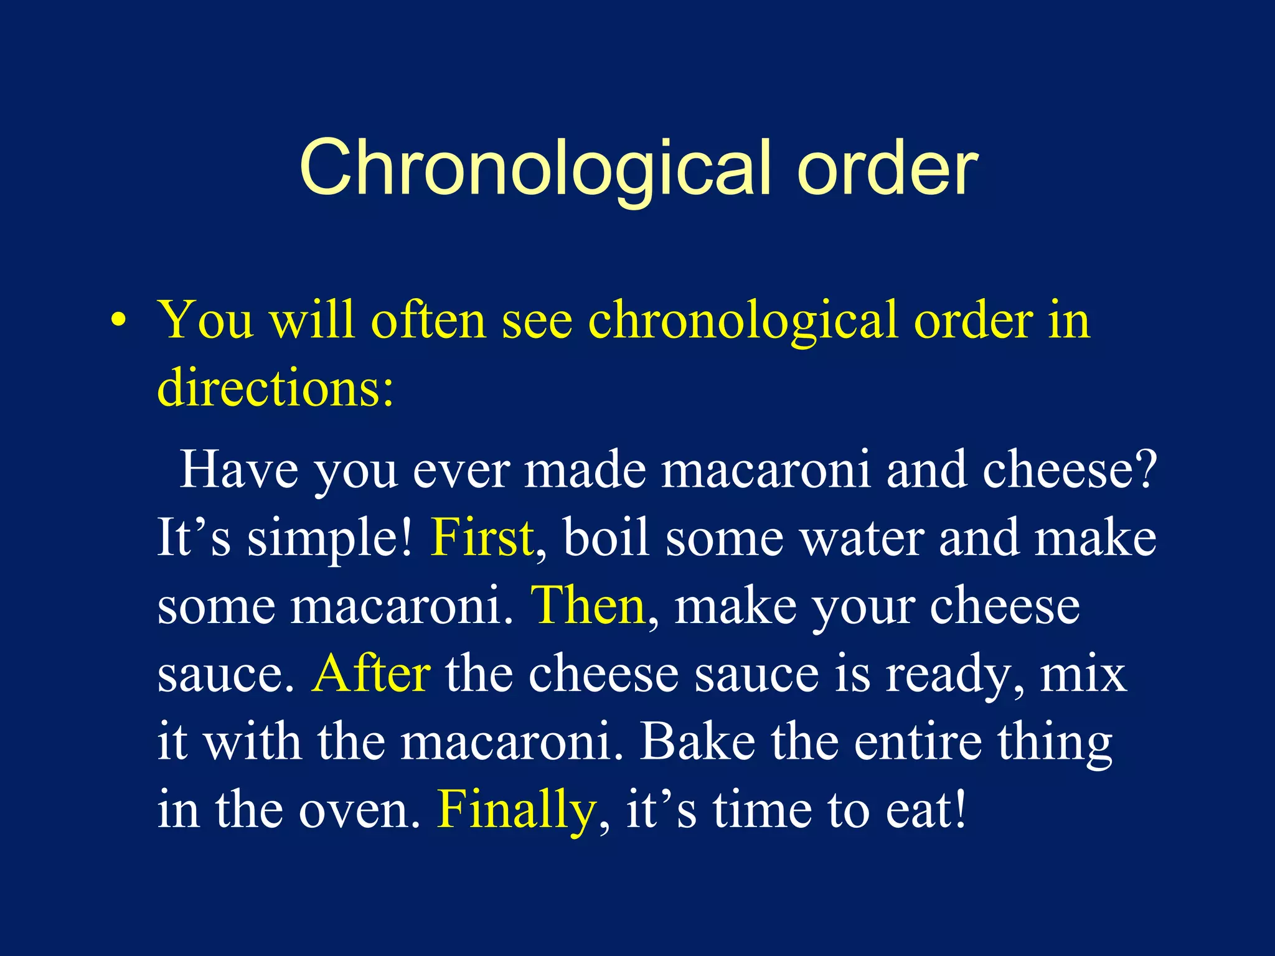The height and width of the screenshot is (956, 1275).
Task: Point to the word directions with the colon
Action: coord(275,387)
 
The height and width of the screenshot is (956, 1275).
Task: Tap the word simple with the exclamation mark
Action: coord(330,539)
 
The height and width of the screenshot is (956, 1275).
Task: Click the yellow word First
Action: coord(482,538)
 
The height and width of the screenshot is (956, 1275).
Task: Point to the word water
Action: coord(862,539)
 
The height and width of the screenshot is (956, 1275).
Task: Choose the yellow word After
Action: coord(370,673)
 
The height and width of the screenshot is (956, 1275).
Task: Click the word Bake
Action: coord(698,741)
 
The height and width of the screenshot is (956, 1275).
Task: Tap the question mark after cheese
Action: coord(1144,470)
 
